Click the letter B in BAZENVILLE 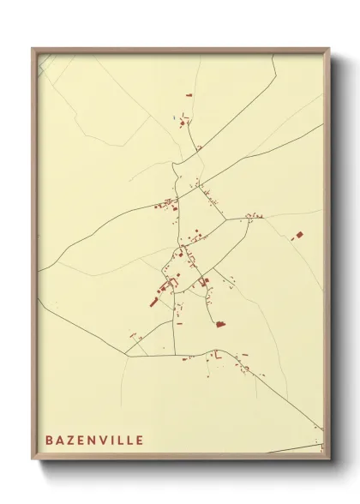coord(49,440)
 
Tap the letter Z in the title coord(70,440)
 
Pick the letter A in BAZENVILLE coord(59,440)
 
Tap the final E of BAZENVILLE coord(140,440)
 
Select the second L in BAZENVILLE coord(129,440)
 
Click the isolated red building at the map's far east coord(300,233)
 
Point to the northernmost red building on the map coord(189,95)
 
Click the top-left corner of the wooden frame coord(33,48)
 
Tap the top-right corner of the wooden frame coord(328,48)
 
